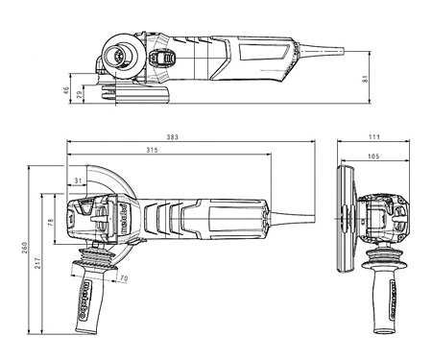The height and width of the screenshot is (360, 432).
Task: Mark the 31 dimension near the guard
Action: tap(77, 180)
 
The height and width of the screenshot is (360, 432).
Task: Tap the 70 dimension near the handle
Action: tap(124, 278)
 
